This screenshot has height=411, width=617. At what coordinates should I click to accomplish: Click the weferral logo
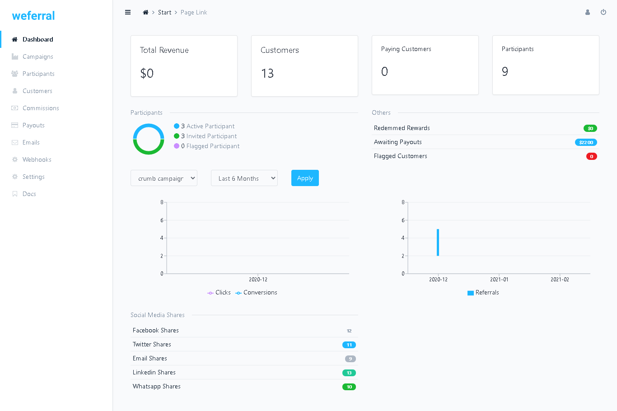[x=33, y=16]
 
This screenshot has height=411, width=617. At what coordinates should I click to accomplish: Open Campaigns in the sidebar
[x=38, y=56]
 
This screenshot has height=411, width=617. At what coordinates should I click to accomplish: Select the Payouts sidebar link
[x=33, y=125]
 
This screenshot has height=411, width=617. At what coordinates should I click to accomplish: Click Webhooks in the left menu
[x=37, y=159]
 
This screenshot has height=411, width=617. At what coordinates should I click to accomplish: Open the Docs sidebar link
[x=29, y=194]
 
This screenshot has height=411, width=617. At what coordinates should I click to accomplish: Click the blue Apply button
[x=305, y=178]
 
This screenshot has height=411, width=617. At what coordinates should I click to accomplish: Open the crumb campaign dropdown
[x=164, y=178]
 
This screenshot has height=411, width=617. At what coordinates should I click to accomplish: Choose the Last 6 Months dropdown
[x=244, y=178]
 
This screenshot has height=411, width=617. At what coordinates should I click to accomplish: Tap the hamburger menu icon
[x=128, y=12]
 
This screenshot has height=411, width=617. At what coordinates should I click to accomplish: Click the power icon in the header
[x=603, y=12]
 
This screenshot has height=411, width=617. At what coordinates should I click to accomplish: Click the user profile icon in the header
[x=588, y=12]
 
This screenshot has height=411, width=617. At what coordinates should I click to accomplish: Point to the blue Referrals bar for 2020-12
[x=438, y=242]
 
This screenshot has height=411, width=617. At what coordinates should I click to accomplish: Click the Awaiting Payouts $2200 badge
[x=586, y=142]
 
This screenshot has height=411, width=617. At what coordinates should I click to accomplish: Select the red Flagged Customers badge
[x=592, y=156]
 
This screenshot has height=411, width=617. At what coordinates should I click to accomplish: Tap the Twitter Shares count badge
[x=349, y=345]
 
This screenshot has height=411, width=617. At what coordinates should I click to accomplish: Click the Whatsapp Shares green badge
[x=349, y=387]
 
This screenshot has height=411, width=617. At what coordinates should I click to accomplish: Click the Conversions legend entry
[x=257, y=293]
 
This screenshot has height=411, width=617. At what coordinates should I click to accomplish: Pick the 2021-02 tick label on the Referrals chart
[x=560, y=280]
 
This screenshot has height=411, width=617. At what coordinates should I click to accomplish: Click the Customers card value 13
[x=267, y=73]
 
